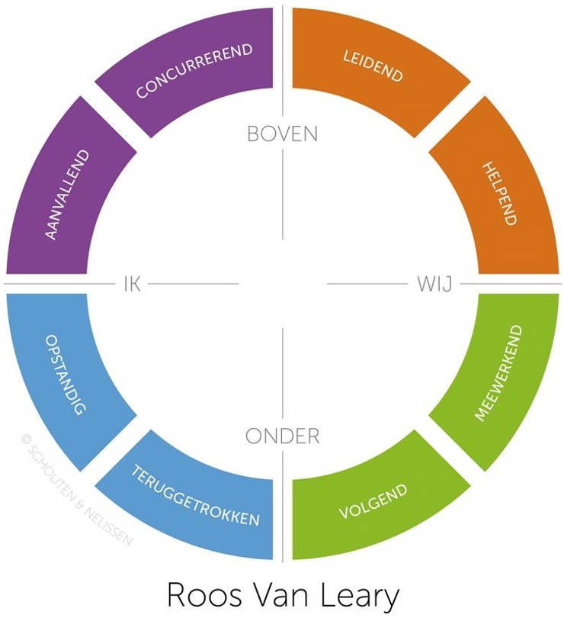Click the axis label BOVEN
coord(282,134)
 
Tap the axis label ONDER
coord(282,436)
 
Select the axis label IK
coord(132,285)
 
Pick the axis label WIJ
coord(434,285)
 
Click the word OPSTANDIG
coord(65,374)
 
